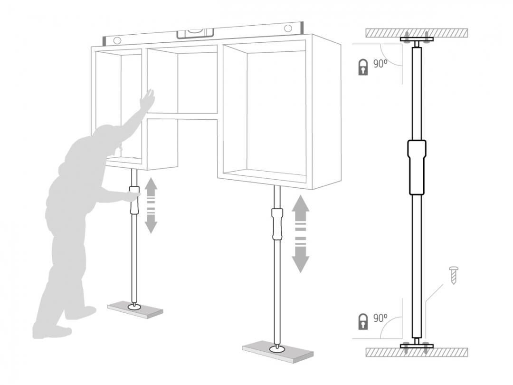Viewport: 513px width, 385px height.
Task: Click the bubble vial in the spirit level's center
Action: point(195,33)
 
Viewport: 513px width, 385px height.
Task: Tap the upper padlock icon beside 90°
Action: point(363,67)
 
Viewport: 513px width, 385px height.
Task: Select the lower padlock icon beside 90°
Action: point(363,321)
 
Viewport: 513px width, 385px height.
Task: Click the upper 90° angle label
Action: point(380,64)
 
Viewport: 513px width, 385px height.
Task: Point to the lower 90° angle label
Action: point(380,318)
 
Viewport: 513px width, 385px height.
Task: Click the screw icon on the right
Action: point(454,275)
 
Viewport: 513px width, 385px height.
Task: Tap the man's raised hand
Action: point(147,99)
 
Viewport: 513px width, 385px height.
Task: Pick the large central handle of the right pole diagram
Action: point(417,167)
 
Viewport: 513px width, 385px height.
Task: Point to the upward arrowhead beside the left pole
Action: point(151,184)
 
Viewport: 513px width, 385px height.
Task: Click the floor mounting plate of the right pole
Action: point(417,346)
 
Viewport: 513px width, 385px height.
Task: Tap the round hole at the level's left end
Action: point(117,40)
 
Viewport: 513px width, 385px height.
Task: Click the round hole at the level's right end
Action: point(288,28)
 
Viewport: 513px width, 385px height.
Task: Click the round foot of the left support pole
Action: point(134,307)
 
